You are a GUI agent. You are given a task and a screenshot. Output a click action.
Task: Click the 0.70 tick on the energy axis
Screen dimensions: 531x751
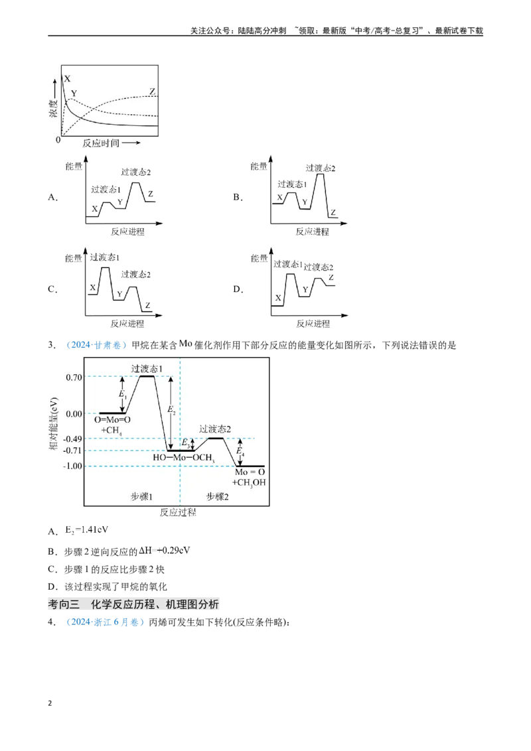pos(74,377)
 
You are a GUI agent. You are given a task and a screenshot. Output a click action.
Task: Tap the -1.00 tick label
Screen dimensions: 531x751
pos(72,466)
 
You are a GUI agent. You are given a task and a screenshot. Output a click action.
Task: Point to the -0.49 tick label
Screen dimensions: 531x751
pos(72,439)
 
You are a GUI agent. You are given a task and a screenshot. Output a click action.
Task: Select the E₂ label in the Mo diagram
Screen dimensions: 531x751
pos(171,410)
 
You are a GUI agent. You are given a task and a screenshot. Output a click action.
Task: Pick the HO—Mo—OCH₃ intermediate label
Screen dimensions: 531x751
pos(184,458)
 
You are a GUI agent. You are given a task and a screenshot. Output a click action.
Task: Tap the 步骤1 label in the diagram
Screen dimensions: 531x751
pos(141,497)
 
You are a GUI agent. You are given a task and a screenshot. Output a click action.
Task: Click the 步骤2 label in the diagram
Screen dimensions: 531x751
pos(218,497)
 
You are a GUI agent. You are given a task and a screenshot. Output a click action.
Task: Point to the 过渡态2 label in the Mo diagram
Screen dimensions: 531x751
pos(215,429)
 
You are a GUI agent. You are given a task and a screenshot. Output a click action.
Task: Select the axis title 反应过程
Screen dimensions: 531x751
pos(178,512)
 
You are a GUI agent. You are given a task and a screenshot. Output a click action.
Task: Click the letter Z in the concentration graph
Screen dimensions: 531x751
pos(153,92)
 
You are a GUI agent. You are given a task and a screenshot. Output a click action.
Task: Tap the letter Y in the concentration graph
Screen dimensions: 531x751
pos(74,94)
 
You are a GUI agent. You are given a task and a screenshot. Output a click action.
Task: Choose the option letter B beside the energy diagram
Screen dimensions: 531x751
pos(238,197)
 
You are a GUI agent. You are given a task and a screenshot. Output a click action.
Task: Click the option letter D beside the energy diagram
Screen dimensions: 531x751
pos(238,289)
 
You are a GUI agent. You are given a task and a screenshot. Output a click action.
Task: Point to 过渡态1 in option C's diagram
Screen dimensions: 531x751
pos(105,257)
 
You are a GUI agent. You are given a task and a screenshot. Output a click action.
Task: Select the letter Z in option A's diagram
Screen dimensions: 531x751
pos(151,194)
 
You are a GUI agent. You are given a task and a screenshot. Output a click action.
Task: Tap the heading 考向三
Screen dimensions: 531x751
pos(64,604)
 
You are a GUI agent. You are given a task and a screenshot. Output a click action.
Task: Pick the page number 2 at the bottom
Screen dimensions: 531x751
pos(50,703)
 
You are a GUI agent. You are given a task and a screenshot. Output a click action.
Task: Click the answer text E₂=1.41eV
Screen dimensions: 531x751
pos(87,529)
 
